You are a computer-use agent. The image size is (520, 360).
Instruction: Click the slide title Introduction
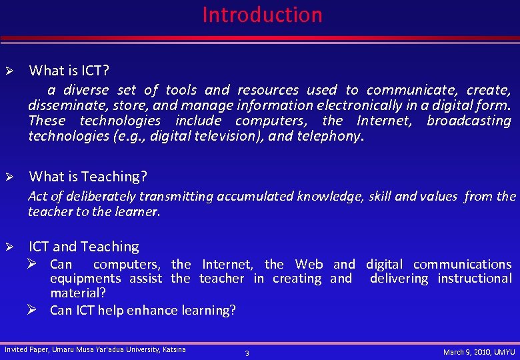(x=262, y=15)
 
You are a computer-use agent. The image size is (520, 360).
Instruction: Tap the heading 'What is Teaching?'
(x=88, y=177)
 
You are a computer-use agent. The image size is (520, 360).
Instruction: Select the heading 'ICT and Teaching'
(x=84, y=247)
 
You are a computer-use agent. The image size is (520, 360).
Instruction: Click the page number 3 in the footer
(x=247, y=353)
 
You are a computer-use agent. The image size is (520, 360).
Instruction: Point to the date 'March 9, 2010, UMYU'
(x=479, y=351)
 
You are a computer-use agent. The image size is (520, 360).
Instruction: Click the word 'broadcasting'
(x=469, y=121)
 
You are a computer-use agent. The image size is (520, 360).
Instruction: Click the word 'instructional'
(x=475, y=279)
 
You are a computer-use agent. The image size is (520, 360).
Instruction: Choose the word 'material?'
(x=78, y=293)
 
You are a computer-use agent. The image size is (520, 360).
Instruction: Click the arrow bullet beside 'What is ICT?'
(x=9, y=71)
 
